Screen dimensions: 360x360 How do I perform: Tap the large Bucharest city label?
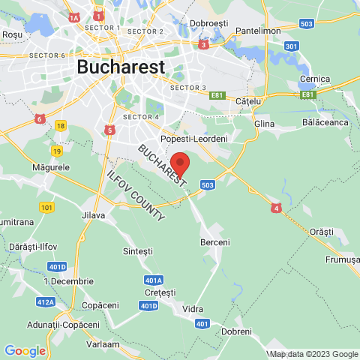120,67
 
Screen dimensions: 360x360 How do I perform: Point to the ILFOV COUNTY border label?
136,195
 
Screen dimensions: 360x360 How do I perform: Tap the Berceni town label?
214,242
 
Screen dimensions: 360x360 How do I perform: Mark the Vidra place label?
193,308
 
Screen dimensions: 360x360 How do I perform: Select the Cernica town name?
314,79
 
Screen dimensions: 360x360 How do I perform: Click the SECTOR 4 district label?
141,117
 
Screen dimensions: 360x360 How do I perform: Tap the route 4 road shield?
276,208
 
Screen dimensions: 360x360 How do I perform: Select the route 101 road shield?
47,206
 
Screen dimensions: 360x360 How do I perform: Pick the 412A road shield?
46,301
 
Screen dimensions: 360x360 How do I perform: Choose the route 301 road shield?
292,46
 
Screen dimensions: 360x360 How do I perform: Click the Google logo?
25,350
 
